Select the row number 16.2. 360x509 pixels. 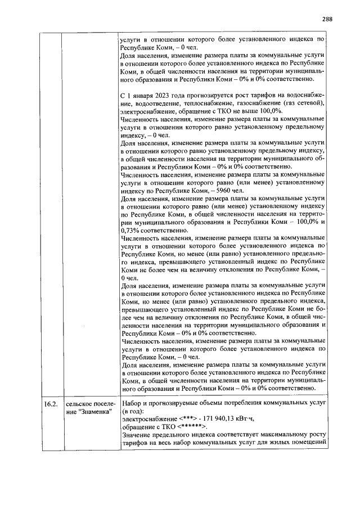[x=51, y=404]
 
